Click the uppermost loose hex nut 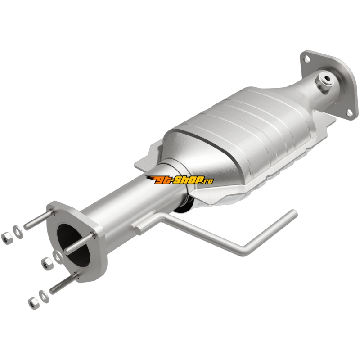point(7,238)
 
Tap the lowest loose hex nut point(34,303)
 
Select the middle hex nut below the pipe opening point(47,264)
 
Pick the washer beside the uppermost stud point(18,232)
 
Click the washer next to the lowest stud point(44,297)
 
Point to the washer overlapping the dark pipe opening point(58,257)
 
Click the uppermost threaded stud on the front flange point(39,220)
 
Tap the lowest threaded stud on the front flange point(64,283)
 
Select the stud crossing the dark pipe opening point(80,243)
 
